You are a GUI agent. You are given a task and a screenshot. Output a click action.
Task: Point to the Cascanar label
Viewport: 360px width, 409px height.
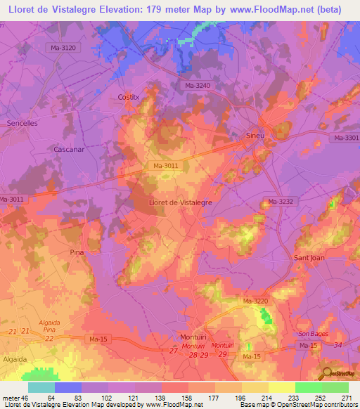coord(68,150)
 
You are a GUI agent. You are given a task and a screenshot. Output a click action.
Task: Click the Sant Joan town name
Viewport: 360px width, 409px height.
coord(308,258)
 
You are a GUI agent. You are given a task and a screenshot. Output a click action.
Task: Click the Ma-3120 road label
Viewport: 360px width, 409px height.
coord(73,48)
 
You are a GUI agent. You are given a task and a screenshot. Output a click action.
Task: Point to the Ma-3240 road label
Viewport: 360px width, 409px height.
coord(198,86)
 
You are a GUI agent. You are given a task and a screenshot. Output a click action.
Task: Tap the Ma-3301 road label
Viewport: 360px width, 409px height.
coord(347,138)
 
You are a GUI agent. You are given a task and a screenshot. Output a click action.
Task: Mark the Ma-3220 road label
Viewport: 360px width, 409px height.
coord(256,301)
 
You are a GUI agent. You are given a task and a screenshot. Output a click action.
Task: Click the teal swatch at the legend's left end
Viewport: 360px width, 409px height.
coord(41,387)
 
